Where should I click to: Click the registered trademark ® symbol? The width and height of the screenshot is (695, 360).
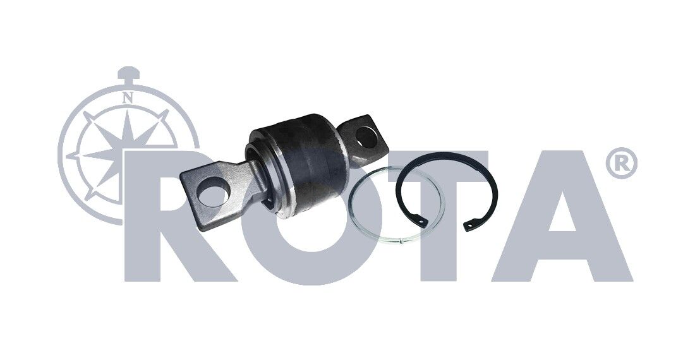pos(621,163)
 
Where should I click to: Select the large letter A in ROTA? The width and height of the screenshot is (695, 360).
pos(562,216)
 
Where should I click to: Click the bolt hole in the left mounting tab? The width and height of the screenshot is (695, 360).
pos(213,191)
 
